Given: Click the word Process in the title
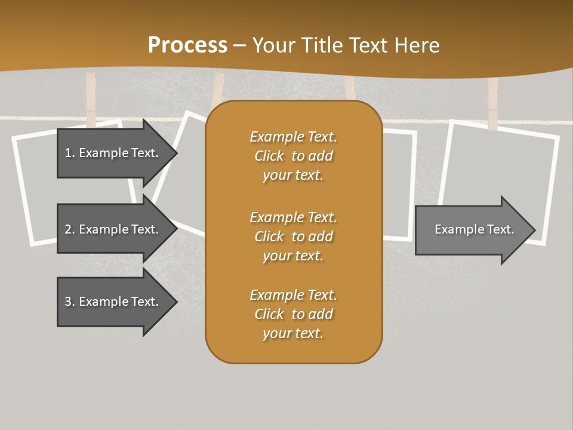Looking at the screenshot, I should [x=187, y=45].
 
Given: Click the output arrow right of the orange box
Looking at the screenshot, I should [x=472, y=229].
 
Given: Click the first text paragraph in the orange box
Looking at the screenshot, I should [x=293, y=156].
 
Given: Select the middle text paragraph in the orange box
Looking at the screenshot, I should [x=293, y=236].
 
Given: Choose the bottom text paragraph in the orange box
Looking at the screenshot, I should [x=293, y=314].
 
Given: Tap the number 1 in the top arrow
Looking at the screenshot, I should [x=68, y=153].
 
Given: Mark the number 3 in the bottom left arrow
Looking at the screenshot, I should [x=68, y=302].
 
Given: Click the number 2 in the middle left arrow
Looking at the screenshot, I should [x=68, y=229].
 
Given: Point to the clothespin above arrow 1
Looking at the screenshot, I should [x=91, y=99].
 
